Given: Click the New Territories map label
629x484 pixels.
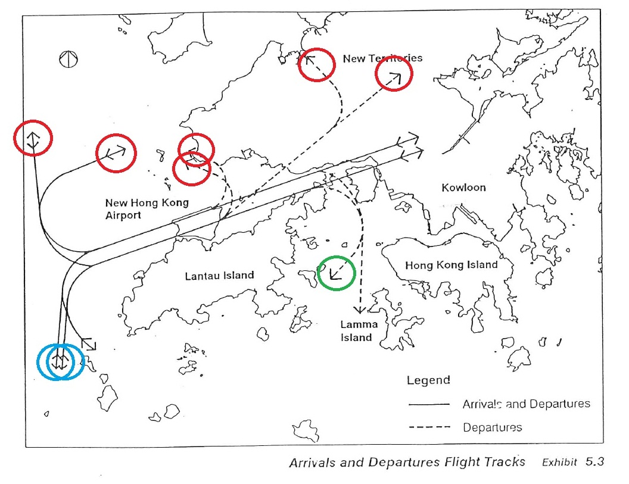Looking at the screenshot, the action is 382,58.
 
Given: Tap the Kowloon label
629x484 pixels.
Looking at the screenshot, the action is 463,188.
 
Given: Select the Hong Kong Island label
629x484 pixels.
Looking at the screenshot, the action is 451,265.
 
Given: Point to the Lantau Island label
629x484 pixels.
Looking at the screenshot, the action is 219,276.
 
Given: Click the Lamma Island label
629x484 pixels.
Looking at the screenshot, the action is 356,331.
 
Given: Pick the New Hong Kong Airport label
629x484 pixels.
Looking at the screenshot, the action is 147,208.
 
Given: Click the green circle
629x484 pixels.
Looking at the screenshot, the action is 337,274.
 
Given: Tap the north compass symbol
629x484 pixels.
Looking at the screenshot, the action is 70,59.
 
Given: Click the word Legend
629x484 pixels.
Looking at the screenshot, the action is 428,380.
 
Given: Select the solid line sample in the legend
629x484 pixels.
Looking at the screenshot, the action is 429,404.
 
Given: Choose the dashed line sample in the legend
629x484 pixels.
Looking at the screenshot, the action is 429,427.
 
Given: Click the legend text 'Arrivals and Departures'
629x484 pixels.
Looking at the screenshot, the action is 526,404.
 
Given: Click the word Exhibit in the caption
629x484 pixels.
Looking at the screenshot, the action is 559,462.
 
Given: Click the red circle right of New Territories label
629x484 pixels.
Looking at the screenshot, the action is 394,76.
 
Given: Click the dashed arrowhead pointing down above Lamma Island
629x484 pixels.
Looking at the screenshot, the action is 359,310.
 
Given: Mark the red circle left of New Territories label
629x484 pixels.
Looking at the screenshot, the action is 317,64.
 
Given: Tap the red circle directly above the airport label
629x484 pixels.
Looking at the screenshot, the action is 116,153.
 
